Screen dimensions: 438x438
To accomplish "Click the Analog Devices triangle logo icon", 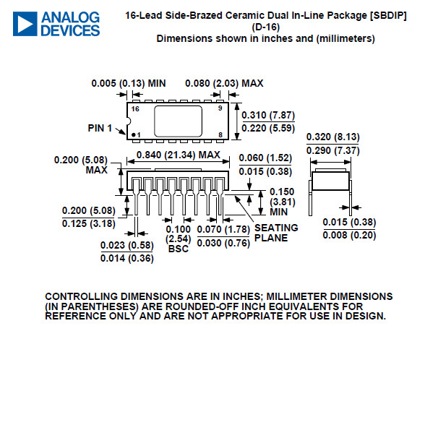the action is [25, 24].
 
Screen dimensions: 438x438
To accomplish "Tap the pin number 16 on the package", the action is [135, 108].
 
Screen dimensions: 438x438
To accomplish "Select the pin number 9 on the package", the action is [220, 108].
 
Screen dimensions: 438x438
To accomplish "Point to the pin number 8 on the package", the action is [220, 134].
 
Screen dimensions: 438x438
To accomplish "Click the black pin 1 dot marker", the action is [134, 135].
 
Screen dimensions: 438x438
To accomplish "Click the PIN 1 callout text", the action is [100, 128].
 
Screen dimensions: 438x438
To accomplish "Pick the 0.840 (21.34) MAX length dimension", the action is [179, 155].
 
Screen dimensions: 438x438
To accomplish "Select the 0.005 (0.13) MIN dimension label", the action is [129, 83].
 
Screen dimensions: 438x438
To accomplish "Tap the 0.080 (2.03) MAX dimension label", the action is [224, 83].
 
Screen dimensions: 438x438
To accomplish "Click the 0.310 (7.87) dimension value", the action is [268, 115].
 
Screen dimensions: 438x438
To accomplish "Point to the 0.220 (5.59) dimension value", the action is [268, 128].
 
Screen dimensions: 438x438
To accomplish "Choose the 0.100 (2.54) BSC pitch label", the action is [179, 239].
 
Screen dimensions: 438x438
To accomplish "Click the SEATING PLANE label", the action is [276, 233].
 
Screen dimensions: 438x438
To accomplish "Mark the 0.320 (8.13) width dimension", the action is [333, 137].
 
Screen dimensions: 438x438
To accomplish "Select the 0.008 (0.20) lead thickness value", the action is [349, 235].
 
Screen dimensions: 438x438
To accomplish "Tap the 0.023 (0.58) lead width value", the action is [127, 245].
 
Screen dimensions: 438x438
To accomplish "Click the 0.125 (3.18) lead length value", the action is [89, 223].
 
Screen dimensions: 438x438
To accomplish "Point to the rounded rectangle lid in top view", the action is [179, 121].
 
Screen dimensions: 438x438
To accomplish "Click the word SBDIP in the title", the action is [388, 15].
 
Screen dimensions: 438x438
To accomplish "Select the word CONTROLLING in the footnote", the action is [81, 296].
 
